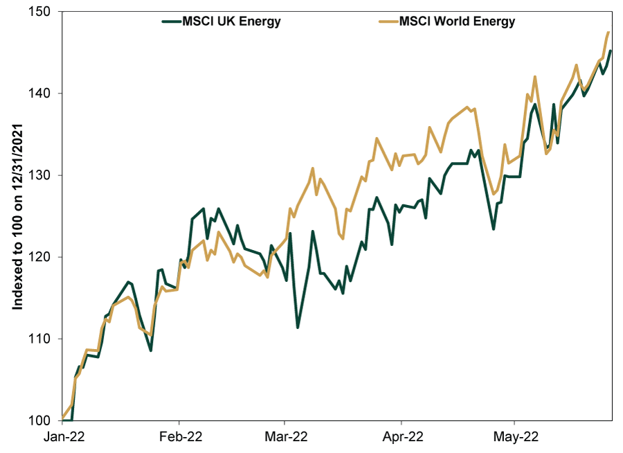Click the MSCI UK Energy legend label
point(231,21)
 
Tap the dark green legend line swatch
point(171,21)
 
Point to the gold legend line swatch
point(390,21)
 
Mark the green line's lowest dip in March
point(297,327)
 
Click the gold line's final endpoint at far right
point(608,33)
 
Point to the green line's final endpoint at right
point(610,51)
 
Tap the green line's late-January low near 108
point(150,350)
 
